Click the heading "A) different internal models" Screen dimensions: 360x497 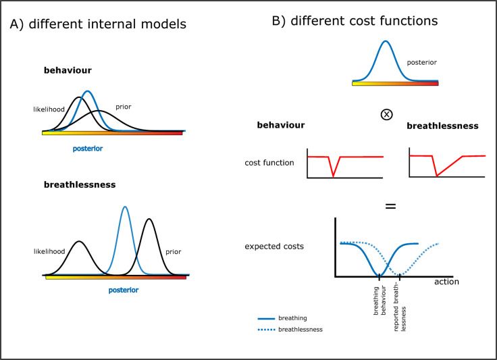98,24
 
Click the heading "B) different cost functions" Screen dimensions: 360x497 355,21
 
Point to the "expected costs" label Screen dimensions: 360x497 274,246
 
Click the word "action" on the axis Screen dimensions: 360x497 446,282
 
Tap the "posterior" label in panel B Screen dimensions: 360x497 421,62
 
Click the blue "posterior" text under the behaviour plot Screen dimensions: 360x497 88,146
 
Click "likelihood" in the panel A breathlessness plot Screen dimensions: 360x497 50,251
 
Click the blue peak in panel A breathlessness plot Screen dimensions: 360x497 125,207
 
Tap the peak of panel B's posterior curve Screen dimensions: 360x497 386,41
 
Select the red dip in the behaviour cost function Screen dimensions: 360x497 333,176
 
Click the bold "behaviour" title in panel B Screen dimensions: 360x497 281,125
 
